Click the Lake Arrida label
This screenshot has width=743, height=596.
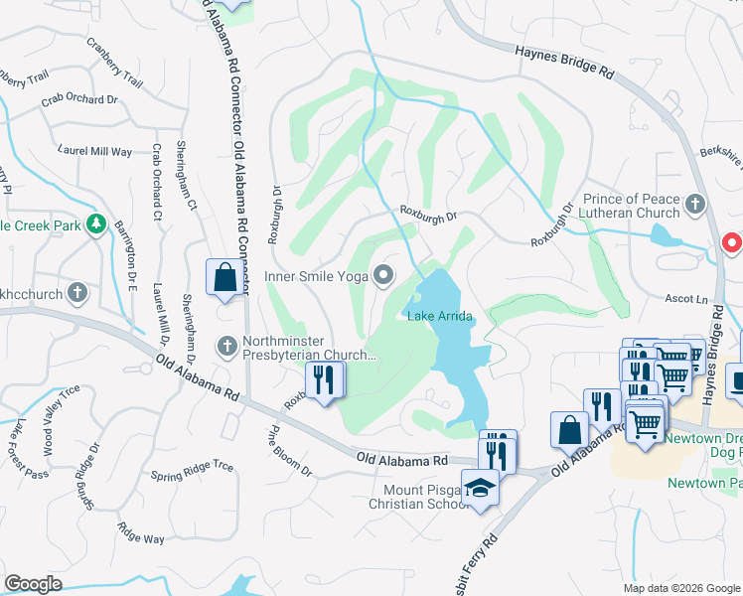point(438,316)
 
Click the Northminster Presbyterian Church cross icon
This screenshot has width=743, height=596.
point(226,347)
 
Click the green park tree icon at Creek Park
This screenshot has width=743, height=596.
point(96,225)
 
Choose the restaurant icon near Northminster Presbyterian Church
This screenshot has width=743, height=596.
point(325,380)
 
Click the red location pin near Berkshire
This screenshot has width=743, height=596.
point(733,242)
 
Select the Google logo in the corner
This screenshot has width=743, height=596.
point(33,584)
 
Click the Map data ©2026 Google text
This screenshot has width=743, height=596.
point(681,588)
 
